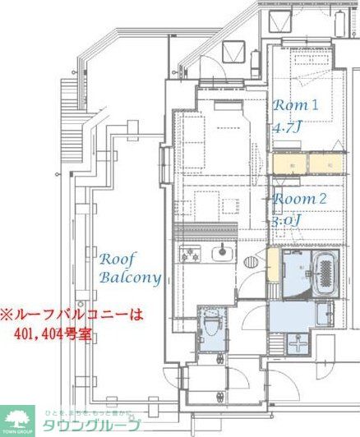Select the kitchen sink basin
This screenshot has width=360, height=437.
pos(219,252)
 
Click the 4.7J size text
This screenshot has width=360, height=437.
pos(289,129)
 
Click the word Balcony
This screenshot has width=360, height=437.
pos(130,278)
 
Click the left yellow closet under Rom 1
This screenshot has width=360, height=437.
pos(288,163)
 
